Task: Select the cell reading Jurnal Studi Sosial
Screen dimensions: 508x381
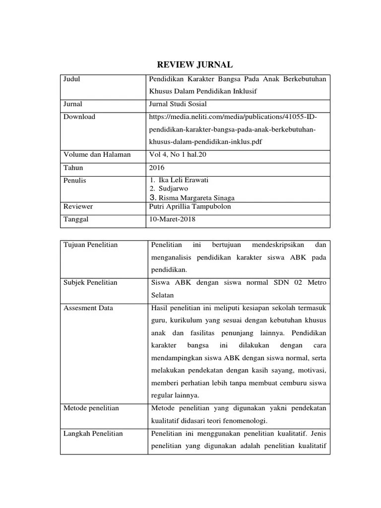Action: coord(178,104)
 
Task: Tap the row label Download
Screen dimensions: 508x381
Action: coord(79,117)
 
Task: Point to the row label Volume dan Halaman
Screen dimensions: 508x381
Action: coord(97,155)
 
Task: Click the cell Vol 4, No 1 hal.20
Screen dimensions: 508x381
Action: coord(178,155)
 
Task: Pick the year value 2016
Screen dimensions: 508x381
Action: coord(157,168)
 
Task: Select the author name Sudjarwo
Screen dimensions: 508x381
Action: coord(173,189)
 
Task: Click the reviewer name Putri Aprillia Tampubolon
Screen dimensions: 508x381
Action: coord(190,206)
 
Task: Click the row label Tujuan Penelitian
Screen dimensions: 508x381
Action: coord(91,245)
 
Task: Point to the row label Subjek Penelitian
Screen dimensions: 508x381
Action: coord(90,283)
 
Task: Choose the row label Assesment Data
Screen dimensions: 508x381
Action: coord(88,308)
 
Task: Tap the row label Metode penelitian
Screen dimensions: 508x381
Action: coord(91,408)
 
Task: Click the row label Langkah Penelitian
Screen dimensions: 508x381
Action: coord(93,434)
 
